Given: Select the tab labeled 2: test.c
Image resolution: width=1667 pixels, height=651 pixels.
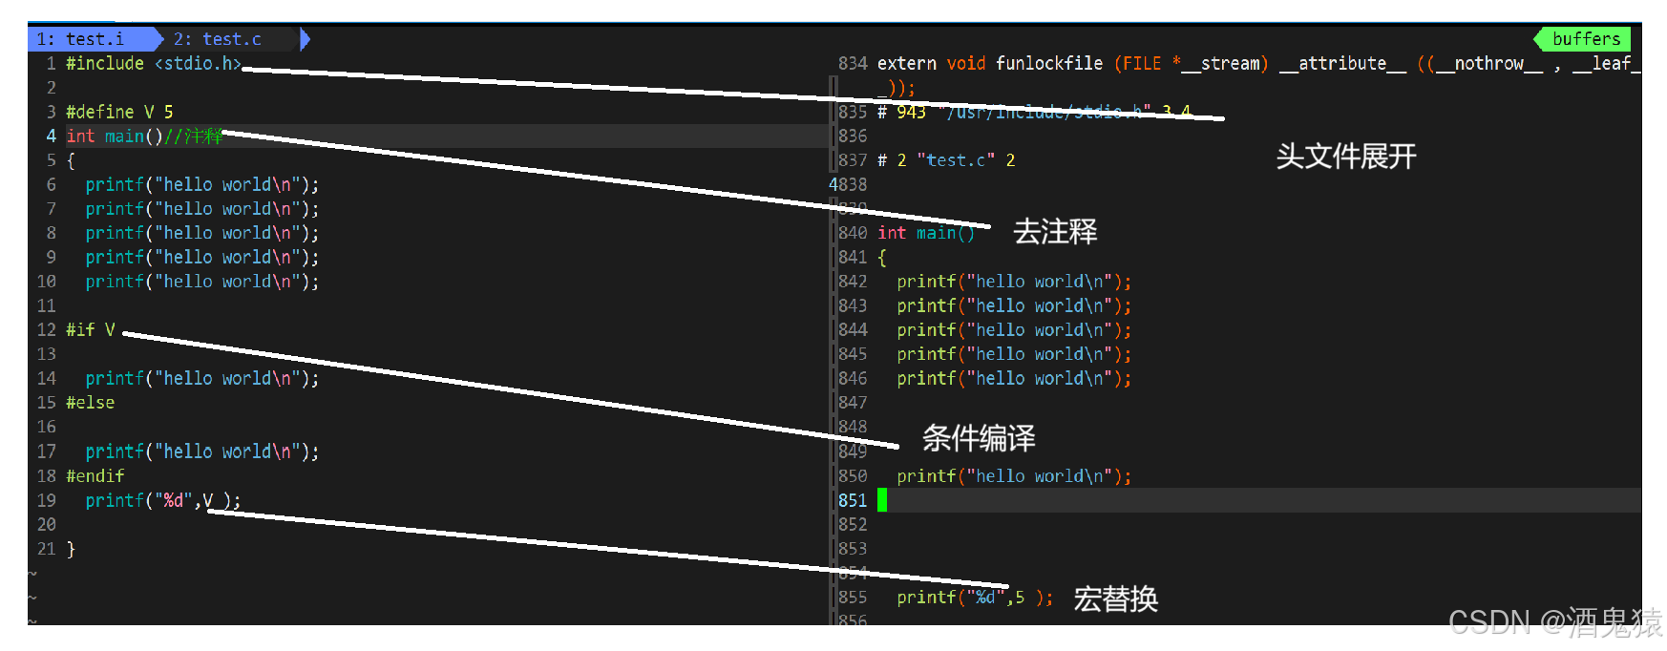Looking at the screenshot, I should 217,39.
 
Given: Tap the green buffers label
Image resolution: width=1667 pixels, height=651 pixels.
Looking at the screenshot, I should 1586,39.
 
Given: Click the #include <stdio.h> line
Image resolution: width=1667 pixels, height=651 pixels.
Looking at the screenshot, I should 153,64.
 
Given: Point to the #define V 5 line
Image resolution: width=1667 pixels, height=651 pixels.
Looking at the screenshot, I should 119,112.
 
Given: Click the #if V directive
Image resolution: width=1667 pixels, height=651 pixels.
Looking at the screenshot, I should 90,330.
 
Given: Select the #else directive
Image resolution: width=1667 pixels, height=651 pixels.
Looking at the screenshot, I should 90,403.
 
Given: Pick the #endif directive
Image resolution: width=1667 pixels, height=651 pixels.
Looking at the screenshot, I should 95,475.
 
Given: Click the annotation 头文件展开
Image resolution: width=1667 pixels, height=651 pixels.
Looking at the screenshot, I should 1345,157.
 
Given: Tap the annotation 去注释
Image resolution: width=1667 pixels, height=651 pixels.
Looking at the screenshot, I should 1055,232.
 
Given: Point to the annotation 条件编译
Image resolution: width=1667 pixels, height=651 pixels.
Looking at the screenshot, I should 979,438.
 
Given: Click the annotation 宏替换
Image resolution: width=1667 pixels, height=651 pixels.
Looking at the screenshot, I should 1115,599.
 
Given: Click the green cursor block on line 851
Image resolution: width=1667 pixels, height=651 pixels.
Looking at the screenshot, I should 882,500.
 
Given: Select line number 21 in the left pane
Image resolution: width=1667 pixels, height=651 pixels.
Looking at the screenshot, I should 47,549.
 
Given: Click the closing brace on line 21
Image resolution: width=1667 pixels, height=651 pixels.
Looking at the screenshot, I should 71,549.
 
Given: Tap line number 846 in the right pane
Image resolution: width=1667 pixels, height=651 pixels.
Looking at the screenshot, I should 853,378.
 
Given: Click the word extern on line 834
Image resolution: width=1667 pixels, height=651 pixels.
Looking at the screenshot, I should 906,64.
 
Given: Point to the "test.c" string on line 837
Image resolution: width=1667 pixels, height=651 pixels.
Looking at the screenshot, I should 956,160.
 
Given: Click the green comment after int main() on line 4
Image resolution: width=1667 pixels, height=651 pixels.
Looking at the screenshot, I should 194,136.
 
